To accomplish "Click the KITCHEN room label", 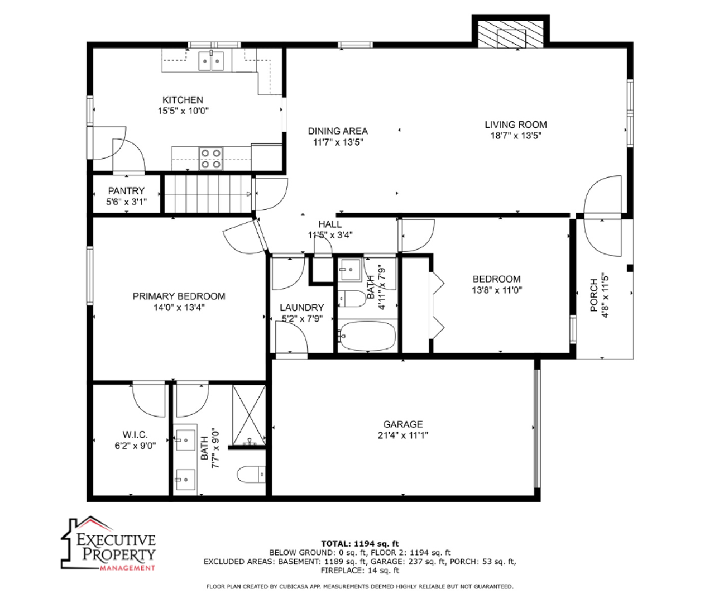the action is coord(183,100).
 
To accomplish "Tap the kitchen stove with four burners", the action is coord(211,159).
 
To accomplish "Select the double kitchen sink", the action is coord(211,61).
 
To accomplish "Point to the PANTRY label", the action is coord(126,191).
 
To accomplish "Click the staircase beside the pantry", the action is coord(208,194).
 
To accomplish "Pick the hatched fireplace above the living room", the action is coord(511,34).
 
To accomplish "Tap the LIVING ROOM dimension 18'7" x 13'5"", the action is coord(516,136).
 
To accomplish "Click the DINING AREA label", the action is coord(338,131).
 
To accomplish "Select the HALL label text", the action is coord(330,224).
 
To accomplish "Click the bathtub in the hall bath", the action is coord(367,336).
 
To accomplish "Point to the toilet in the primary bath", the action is coord(251,475).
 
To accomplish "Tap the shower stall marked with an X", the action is coord(249,415).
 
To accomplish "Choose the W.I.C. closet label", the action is coord(135,434).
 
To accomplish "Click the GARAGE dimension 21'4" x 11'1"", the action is coord(403,435).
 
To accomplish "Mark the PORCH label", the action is coord(593,295).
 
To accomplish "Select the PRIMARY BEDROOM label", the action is coord(179,296).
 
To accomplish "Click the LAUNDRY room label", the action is coord(301,308).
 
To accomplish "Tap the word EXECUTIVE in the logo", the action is coord(116,540).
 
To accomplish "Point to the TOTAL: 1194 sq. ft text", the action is coord(360,544).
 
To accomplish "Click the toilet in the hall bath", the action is coord(352,299).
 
